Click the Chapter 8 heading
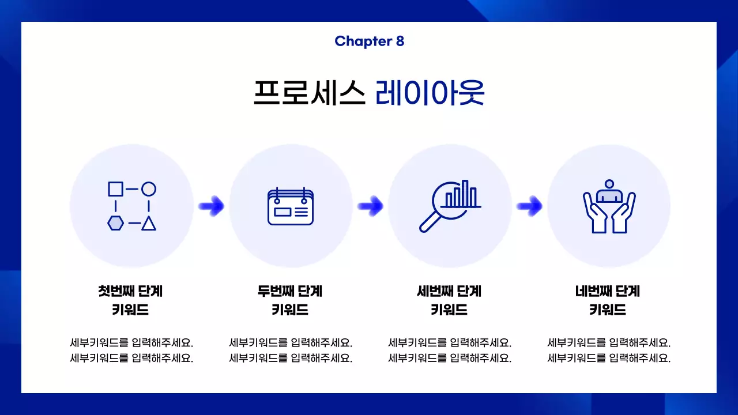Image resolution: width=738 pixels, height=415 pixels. (369, 41)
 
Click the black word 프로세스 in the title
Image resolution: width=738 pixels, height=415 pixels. (309, 92)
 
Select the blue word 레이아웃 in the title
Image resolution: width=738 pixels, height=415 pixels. (430, 92)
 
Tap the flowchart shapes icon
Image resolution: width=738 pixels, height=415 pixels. (132, 206)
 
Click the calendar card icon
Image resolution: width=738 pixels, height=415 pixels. (291, 206)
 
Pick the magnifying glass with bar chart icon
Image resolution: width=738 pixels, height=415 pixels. (450, 206)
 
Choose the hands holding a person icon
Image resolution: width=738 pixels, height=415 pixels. (609, 206)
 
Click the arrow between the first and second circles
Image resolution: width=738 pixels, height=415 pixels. (211, 205)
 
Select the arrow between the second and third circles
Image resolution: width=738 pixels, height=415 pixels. (370, 205)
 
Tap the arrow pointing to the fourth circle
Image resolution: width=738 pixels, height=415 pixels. (529, 205)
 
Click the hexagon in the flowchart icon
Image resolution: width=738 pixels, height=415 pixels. (115, 223)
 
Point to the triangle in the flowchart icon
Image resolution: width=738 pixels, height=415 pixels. (149, 223)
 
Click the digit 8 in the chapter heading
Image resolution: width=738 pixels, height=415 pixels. (400, 41)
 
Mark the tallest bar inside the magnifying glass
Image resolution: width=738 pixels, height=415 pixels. (465, 193)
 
